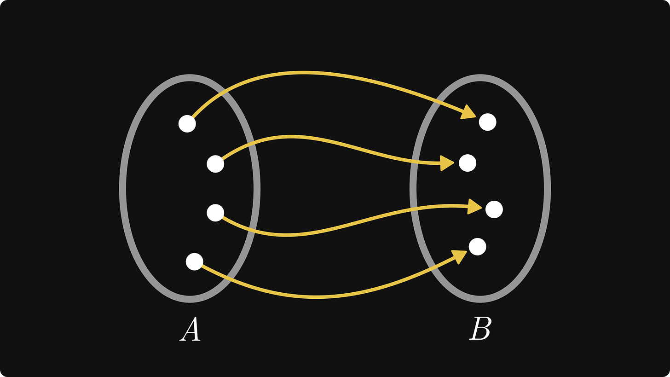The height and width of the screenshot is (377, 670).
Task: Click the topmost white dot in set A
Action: point(187,123)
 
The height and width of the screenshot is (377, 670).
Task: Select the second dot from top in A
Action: point(215,163)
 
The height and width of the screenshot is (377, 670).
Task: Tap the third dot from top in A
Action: point(215,213)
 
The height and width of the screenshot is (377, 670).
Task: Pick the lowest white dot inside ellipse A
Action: point(194,261)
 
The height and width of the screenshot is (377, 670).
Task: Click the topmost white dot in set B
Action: point(487,122)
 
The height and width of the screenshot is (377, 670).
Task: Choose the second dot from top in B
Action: point(468,163)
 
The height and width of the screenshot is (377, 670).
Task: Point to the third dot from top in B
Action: point(494,209)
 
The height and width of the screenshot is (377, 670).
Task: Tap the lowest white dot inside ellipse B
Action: point(477,247)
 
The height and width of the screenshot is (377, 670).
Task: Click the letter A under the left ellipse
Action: point(190,330)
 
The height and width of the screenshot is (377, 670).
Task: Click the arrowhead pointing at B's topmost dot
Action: point(468,112)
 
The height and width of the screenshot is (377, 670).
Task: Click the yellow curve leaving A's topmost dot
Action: point(304,73)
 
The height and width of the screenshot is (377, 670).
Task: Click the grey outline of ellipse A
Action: point(122,188)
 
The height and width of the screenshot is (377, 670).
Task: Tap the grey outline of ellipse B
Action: point(547,188)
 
